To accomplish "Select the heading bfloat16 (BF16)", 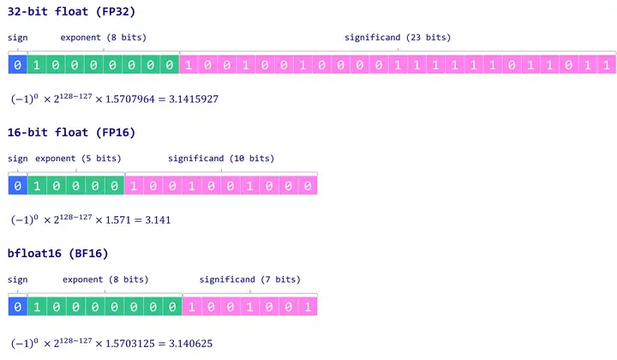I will (x=58, y=254).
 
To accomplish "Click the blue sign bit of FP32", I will (x=17, y=64).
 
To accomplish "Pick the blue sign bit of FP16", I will (x=17, y=185).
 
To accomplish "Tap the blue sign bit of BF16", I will (x=17, y=306).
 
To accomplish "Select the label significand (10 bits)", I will (x=221, y=159).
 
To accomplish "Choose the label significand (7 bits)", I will (x=250, y=279).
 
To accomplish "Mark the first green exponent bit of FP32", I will (x=37, y=64).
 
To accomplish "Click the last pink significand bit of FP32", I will (x=607, y=64).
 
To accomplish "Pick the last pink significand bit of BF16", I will (x=308, y=306).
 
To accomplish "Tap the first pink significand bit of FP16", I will (x=134, y=185).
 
